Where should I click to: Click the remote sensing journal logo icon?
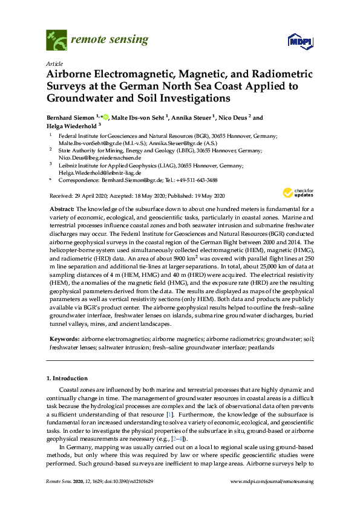[56, 41]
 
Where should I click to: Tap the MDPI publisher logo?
[295, 41]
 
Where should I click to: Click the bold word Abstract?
[62, 208]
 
